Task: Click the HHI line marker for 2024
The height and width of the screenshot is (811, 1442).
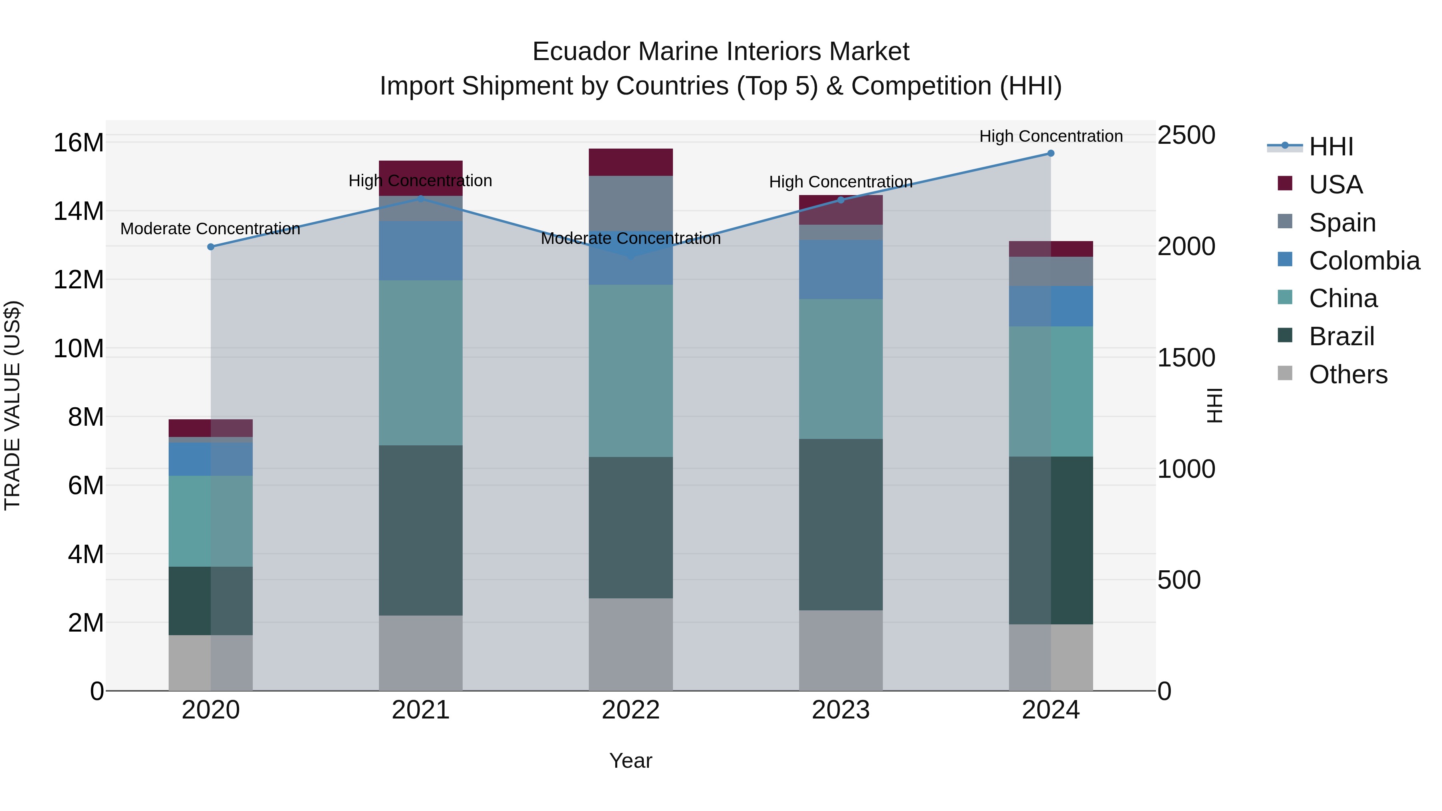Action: point(1051,153)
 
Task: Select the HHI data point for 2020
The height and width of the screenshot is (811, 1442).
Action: point(211,247)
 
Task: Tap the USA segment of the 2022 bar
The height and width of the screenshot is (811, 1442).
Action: point(631,162)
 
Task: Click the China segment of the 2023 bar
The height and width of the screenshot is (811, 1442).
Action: point(841,369)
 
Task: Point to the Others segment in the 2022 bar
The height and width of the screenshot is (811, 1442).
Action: point(631,644)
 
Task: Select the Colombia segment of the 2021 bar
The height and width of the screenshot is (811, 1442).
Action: point(421,251)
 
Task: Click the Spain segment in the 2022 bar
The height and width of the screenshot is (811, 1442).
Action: point(631,203)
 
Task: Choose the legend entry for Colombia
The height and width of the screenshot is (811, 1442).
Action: point(1363,261)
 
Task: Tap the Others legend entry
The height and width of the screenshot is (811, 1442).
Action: point(1347,374)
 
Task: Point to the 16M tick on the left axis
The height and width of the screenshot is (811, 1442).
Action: point(79,143)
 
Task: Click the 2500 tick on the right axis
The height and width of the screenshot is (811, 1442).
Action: point(1186,135)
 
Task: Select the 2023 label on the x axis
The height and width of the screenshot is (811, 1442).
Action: point(841,710)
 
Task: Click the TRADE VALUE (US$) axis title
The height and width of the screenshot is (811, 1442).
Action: point(13,405)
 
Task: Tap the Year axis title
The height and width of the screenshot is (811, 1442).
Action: point(630,761)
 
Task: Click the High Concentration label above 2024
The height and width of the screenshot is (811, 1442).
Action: point(1051,136)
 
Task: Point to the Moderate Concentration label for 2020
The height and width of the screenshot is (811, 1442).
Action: point(210,229)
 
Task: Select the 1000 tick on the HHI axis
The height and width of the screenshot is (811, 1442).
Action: point(1186,469)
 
